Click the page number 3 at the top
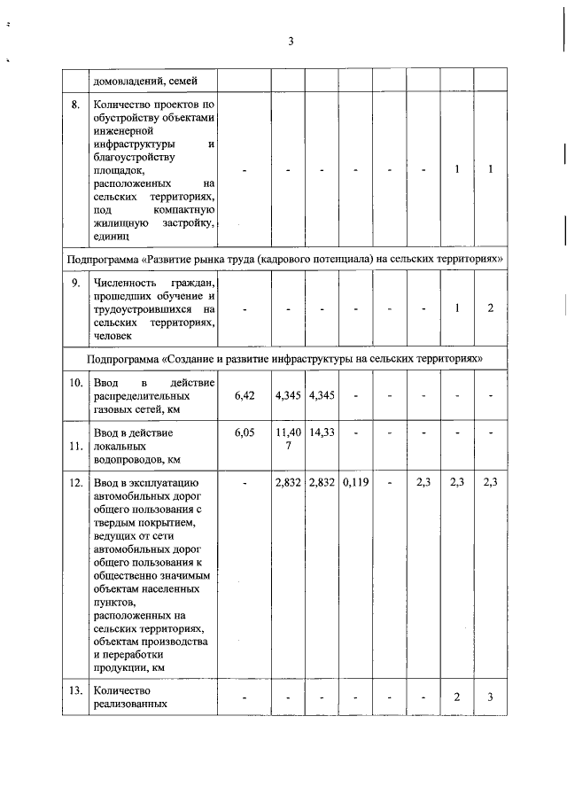click(290, 41)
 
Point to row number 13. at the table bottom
click(78, 690)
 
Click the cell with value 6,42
click(245, 395)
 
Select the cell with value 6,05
click(245, 433)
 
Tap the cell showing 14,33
click(321, 433)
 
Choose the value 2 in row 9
click(489, 308)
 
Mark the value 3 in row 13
click(489, 697)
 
